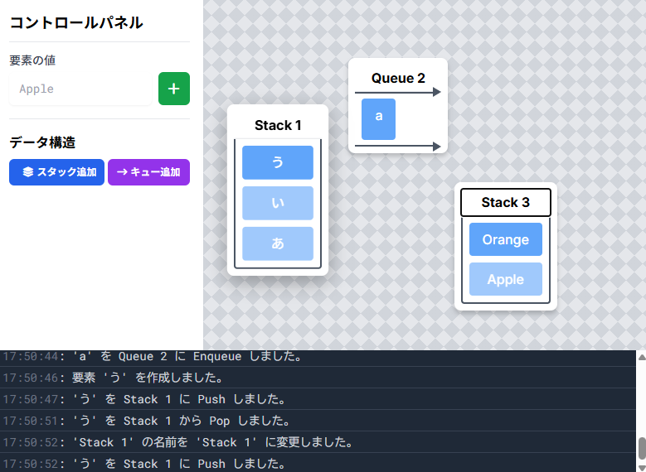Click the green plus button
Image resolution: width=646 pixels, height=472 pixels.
pos(174,89)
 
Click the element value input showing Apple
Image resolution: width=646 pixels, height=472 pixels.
pos(80,89)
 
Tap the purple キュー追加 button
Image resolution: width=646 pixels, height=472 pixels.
pos(148,172)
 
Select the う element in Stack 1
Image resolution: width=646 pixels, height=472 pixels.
pos(278,162)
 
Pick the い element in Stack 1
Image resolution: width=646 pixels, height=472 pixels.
pos(278,203)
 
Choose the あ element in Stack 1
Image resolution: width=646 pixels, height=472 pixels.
pos(278,243)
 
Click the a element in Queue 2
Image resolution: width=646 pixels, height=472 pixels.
pos(379,119)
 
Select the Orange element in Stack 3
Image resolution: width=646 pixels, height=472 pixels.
pos(506,239)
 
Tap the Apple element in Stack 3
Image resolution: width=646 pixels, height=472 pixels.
pos(506,279)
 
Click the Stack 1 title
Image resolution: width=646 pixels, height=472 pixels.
pos(278,125)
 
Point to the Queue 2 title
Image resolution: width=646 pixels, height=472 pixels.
pos(398,78)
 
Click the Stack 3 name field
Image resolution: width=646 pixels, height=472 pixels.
pos(506,202)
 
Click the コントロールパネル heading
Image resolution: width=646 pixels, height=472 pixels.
pos(76,22)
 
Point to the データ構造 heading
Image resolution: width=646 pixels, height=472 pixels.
pos(42,142)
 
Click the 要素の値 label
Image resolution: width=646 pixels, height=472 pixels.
pos(32,60)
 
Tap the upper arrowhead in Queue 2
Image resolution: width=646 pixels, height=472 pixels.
pos(437,92)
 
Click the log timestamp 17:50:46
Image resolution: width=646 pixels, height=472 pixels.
pos(31,378)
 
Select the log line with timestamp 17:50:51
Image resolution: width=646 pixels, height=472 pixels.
pos(146,421)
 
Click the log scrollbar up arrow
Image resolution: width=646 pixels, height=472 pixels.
pos(642,357)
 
